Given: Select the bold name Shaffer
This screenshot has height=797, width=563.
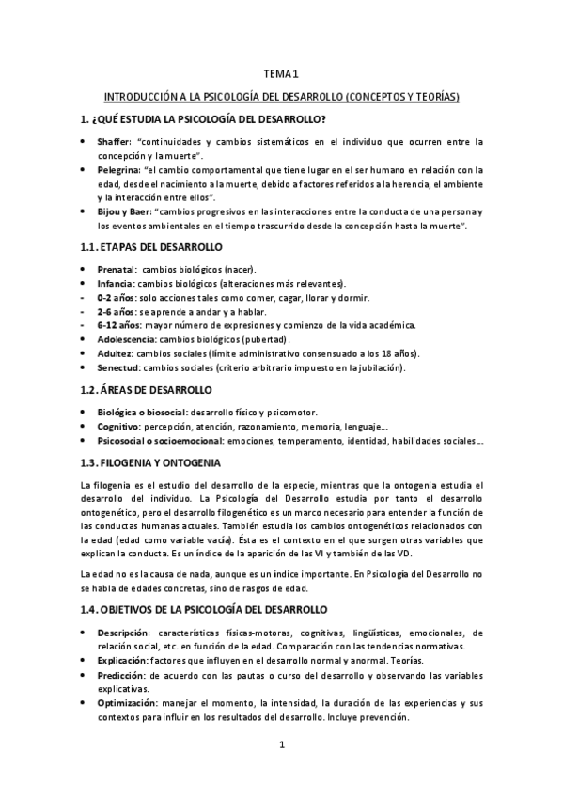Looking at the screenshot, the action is (x=115, y=141).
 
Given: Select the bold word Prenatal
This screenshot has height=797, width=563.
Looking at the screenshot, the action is (x=117, y=270).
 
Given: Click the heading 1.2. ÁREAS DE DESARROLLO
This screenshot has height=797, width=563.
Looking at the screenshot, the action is (x=147, y=390).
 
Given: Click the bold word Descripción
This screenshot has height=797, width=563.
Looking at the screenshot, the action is (x=124, y=607).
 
